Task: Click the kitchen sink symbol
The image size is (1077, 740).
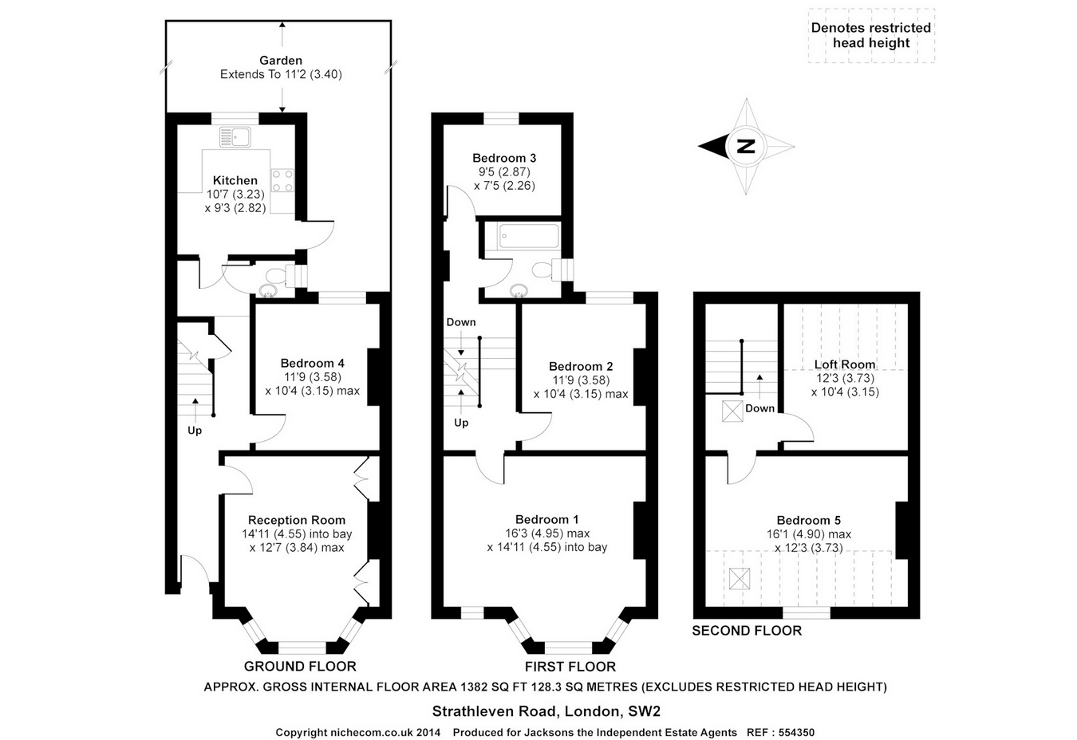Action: pos(235,137)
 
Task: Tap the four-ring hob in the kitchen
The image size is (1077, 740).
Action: pos(282,181)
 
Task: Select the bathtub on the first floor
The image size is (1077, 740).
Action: pos(529,236)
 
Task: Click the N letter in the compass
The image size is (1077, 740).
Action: pos(746,147)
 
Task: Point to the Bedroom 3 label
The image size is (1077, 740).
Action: pos(504,158)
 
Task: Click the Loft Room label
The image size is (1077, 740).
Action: pos(845,364)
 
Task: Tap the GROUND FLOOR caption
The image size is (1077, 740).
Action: pos(300,667)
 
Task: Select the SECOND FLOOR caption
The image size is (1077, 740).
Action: pos(747,631)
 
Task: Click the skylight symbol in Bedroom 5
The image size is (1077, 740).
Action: pos(740,579)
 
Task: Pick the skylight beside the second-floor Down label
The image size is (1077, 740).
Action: pos(732,411)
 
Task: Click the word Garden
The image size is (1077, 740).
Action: pos(281,61)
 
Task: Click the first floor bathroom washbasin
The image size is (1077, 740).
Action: pos(519,289)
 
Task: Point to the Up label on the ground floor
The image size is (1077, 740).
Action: pos(194,431)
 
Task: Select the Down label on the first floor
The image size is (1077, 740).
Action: pos(461,322)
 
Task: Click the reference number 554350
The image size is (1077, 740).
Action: pos(796,732)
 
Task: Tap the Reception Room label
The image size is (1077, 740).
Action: pos(297,520)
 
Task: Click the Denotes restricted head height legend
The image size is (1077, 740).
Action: pos(871,36)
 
